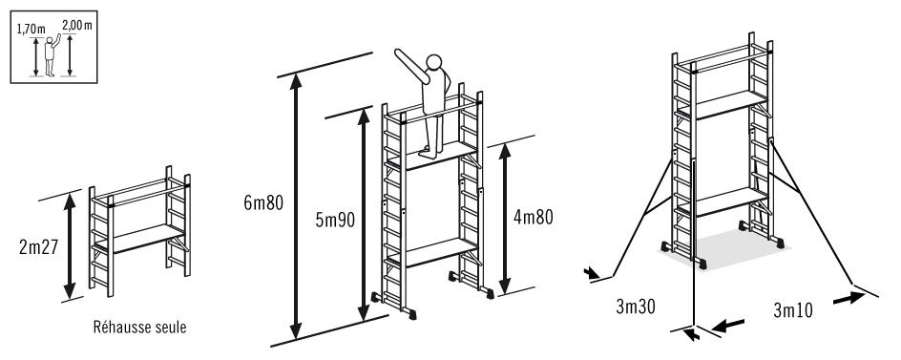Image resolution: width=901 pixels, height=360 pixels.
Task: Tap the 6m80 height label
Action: click(x=262, y=203)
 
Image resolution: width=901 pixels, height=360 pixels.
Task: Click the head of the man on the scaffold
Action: click(x=435, y=66)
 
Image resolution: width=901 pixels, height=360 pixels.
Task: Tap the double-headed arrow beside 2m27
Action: click(x=69, y=244)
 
